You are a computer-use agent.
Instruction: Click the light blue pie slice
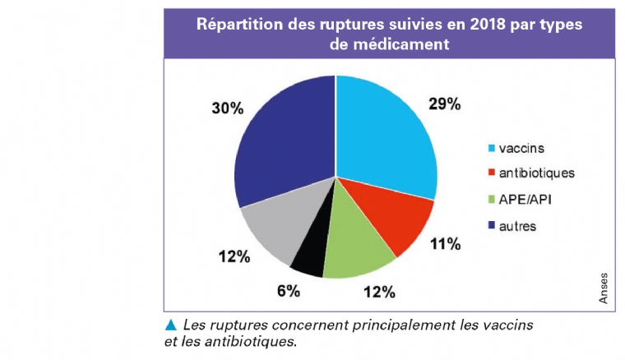(x=382, y=140)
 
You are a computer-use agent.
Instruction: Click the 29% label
(x=445, y=104)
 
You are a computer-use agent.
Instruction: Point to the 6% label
(x=289, y=291)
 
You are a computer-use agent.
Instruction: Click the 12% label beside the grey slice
(x=234, y=257)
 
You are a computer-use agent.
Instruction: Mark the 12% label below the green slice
(x=379, y=292)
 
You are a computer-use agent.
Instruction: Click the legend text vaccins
(x=521, y=149)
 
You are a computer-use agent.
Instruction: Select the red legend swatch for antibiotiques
(x=492, y=173)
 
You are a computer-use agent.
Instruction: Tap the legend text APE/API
(x=528, y=198)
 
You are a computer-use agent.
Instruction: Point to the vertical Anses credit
(x=604, y=290)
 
